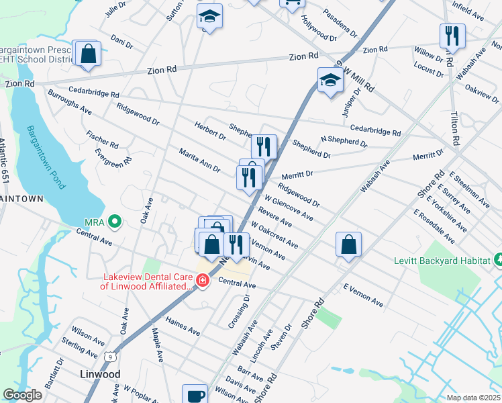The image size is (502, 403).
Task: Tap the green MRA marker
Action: (x=115, y=220)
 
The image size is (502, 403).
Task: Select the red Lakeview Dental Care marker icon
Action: (x=202, y=279)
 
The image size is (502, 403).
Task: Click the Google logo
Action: (x=22, y=395)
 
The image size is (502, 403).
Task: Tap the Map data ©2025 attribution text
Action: (x=472, y=398)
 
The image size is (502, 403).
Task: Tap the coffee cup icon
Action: (x=195, y=395)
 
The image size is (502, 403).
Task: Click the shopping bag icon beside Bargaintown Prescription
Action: (x=88, y=53)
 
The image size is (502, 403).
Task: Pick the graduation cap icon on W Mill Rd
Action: (x=330, y=81)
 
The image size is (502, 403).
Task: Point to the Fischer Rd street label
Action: (x=102, y=140)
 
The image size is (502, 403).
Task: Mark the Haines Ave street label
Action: (x=183, y=327)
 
